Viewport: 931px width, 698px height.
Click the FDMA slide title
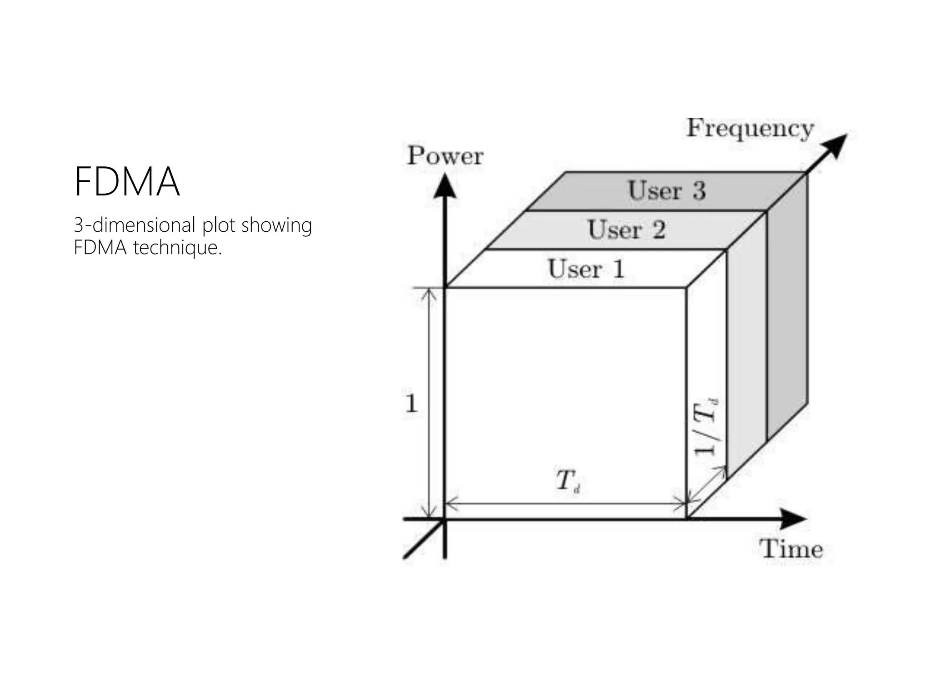click(127, 182)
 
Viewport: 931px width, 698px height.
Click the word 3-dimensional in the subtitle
click(135, 225)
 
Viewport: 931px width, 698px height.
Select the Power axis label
click(445, 156)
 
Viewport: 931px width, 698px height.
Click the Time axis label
click(791, 549)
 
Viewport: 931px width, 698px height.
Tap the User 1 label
click(586, 269)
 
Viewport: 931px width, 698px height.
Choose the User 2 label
click(626, 229)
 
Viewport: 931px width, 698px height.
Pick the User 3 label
click(666, 190)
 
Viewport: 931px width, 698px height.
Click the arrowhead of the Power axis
click(445, 187)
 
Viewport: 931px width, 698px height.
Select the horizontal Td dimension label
click(567, 481)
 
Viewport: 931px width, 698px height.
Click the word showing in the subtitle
click(276, 225)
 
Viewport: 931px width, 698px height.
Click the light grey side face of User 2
click(746, 345)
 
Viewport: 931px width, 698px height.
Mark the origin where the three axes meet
click(445, 519)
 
